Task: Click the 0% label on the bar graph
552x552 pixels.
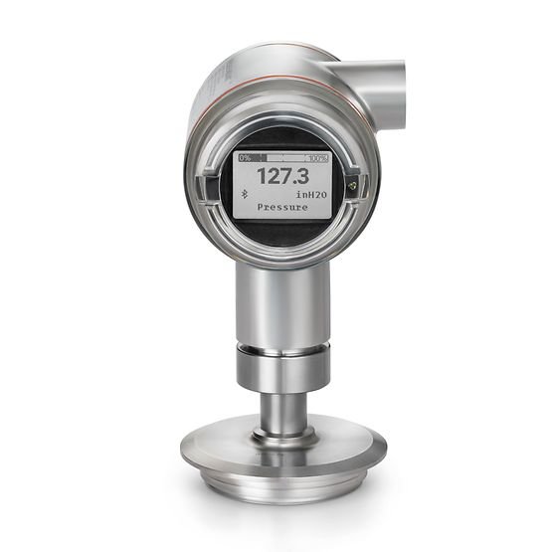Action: (x=245, y=158)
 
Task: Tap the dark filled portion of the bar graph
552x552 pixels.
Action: (x=262, y=158)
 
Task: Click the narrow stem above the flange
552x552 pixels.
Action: (x=282, y=408)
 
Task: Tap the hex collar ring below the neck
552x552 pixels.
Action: (x=282, y=365)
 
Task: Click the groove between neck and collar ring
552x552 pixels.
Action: (x=282, y=343)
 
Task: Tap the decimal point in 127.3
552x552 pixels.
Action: (x=295, y=185)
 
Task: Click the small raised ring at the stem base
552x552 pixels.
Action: (x=282, y=433)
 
